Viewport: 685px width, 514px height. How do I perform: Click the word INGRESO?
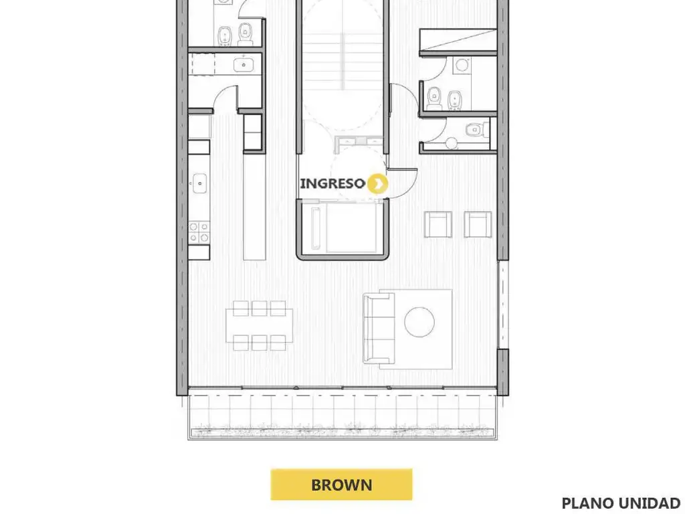332,183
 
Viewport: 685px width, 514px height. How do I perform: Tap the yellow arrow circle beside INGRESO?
377,183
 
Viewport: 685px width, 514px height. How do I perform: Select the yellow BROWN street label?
341,485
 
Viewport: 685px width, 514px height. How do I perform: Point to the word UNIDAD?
656,503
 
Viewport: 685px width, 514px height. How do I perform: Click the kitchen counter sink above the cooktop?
199,183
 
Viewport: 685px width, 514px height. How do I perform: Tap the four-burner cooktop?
199,232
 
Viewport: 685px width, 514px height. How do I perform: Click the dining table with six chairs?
260,326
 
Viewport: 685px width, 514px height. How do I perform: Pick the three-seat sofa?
379,328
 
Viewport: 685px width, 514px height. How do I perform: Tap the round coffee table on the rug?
419,323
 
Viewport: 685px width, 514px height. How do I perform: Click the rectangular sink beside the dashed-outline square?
243,65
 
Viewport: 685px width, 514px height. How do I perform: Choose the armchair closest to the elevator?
438,224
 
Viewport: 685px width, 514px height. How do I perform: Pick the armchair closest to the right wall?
478,224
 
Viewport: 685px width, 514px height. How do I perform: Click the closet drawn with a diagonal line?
458,40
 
